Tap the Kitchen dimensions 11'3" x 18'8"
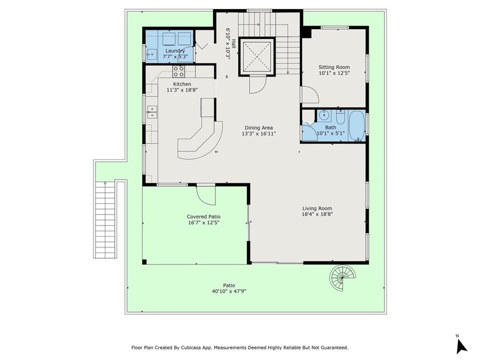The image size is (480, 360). point(178,90)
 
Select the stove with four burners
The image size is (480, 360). point(179,71)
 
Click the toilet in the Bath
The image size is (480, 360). point(339,118)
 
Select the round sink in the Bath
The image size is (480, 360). point(321,114)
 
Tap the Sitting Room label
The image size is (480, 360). point(334,67)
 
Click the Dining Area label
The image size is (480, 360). point(258,127)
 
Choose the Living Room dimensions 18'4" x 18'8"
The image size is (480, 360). point(317,214)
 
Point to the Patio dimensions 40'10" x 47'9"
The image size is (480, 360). point(229,291)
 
